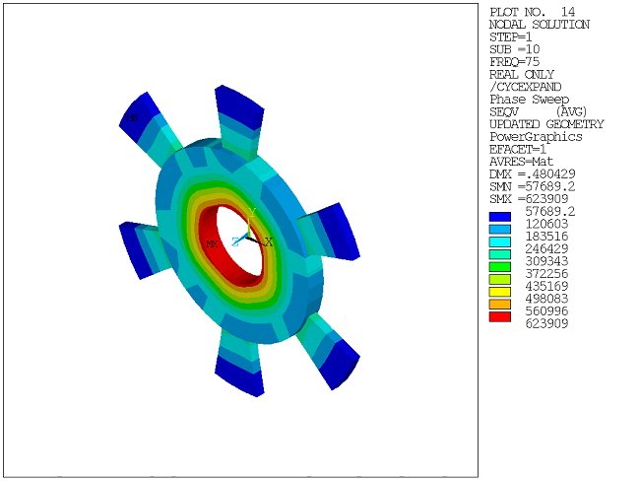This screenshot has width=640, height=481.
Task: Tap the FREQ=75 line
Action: point(513,61)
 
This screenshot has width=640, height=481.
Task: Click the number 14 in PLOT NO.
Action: point(569,11)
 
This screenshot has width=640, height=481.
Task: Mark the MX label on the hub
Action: point(211,243)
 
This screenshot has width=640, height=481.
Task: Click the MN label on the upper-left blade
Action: point(132,118)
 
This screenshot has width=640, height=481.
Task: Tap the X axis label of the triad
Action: point(269,241)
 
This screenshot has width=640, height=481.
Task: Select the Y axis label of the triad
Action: point(252,212)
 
